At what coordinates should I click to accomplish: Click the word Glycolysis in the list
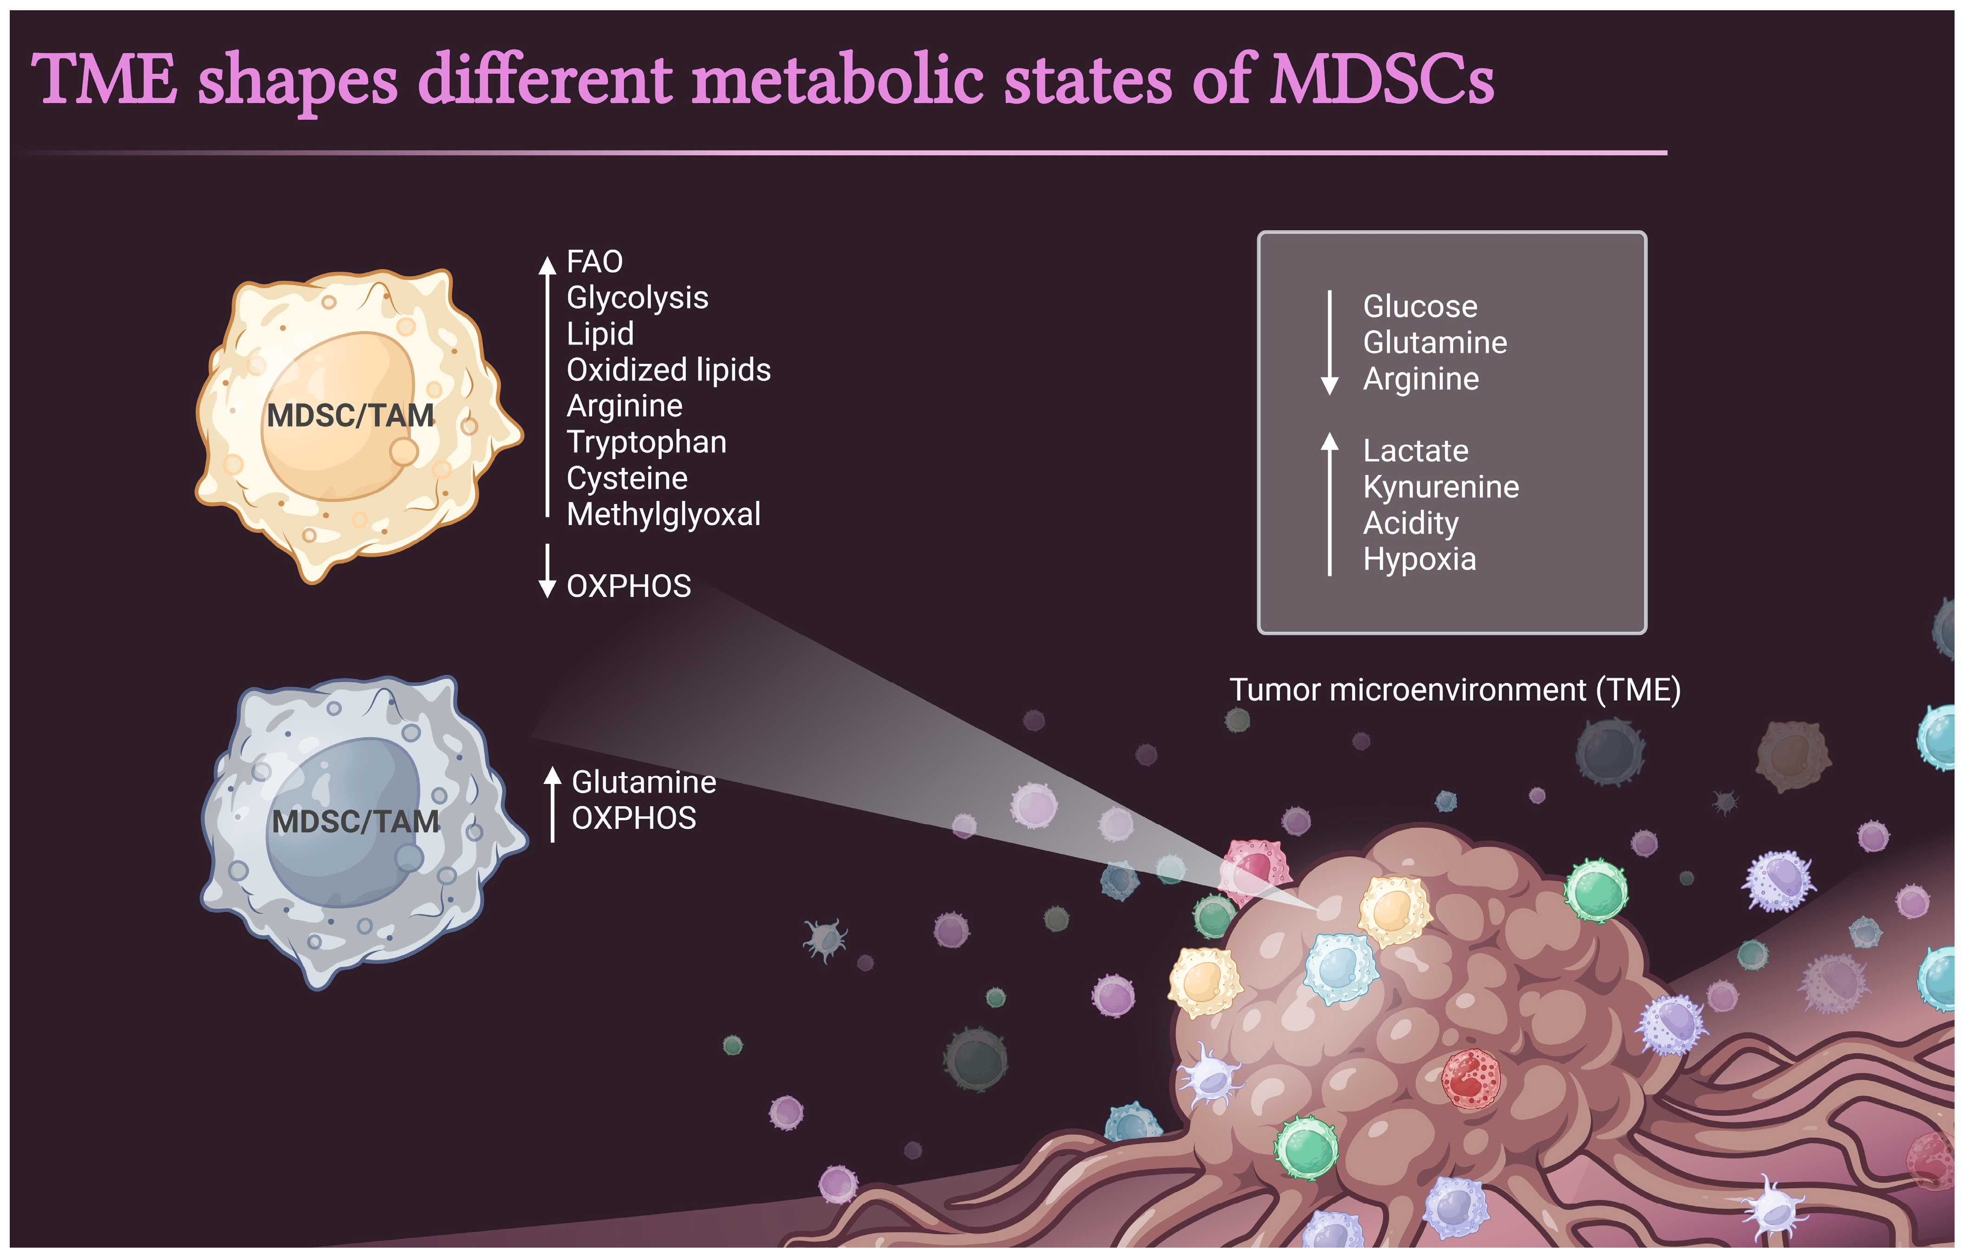(x=637, y=298)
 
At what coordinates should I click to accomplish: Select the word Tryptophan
(x=646, y=442)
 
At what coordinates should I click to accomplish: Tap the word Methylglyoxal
(x=663, y=515)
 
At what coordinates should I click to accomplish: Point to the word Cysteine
(x=626, y=479)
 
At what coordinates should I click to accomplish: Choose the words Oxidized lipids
(x=668, y=370)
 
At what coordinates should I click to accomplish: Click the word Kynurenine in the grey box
(x=1441, y=487)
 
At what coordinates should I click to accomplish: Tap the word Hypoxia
(x=1420, y=559)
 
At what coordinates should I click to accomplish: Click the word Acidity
(x=1410, y=523)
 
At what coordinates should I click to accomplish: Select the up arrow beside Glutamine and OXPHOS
(x=552, y=803)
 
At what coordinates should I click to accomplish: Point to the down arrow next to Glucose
(x=1329, y=343)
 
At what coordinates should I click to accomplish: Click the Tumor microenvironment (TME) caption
(x=1454, y=690)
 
